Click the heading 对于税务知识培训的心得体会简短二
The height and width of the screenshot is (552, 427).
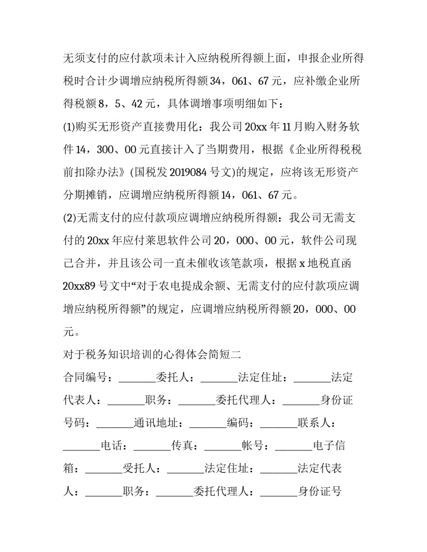click(x=152, y=354)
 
